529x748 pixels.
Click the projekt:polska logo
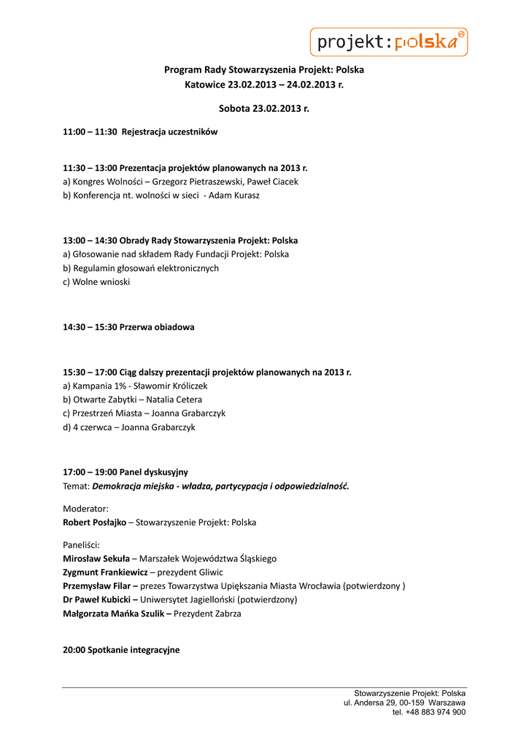click(x=389, y=42)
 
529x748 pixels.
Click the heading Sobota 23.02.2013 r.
click(x=264, y=108)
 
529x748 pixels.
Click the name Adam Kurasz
click(x=234, y=196)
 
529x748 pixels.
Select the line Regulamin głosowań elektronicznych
click(x=145, y=268)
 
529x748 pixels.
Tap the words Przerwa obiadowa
click(x=157, y=327)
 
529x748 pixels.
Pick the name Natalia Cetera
click(x=174, y=400)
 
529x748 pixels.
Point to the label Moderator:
click(x=86, y=508)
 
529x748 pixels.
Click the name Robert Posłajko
click(x=94, y=523)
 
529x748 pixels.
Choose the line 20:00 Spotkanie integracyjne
click(x=121, y=650)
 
